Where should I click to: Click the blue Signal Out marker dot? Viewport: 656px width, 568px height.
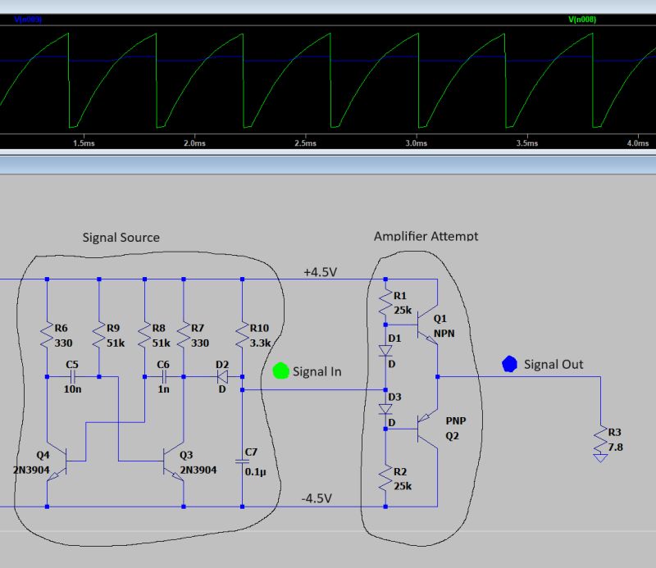509,363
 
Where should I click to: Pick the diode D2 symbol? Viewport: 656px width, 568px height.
221,377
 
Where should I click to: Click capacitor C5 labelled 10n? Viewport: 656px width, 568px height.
73,377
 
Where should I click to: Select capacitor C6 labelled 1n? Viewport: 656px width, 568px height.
164,377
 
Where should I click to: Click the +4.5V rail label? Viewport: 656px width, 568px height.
319,271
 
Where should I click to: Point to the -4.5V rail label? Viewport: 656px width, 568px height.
317,498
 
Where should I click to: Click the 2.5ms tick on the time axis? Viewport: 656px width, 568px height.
304,143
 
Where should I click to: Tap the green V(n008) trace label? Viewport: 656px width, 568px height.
582,18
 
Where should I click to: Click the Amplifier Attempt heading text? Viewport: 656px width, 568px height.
426,236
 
